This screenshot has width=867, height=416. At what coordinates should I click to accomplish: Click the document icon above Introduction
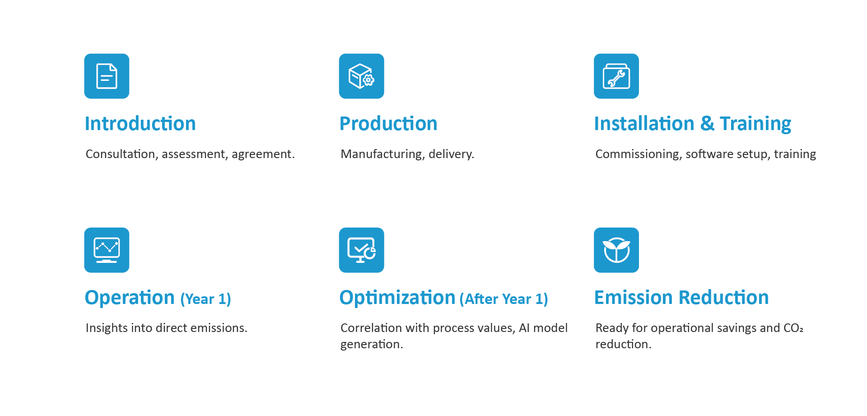pyautogui.click(x=107, y=76)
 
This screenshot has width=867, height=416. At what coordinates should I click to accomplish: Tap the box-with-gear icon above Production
pyautogui.click(x=361, y=76)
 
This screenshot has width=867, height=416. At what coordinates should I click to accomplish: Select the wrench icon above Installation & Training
pyautogui.click(x=616, y=76)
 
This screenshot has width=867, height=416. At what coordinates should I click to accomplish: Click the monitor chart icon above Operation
pyautogui.click(x=107, y=250)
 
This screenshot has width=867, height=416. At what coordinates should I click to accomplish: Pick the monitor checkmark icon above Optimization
pyautogui.click(x=361, y=250)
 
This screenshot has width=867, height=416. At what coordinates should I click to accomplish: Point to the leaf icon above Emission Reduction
pyautogui.click(x=616, y=250)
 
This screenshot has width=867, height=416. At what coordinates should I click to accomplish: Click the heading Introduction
pyautogui.click(x=140, y=124)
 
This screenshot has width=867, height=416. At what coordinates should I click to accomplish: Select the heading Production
pyautogui.click(x=388, y=124)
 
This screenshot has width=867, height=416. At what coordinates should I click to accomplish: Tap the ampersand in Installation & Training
pyautogui.click(x=707, y=124)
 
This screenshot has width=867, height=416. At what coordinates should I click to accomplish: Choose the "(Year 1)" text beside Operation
pyautogui.click(x=205, y=299)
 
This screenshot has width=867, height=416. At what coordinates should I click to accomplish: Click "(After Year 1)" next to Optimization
pyautogui.click(x=503, y=299)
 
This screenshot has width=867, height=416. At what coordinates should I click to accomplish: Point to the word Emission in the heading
pyautogui.click(x=633, y=298)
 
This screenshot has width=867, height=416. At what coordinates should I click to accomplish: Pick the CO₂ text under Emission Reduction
pyautogui.click(x=793, y=328)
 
